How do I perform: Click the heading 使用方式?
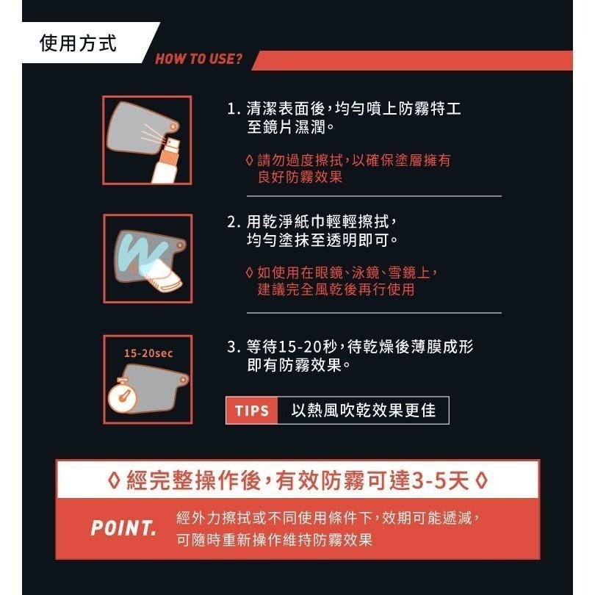[77, 43]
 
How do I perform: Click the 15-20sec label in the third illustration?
[148, 353]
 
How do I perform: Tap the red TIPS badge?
[252, 411]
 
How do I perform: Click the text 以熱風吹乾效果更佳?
[363, 411]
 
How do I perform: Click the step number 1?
[233, 109]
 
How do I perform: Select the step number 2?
[233, 222]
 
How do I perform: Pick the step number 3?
[233, 347]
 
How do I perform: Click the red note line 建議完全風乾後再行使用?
[336, 289]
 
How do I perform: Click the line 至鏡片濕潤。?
[291, 128]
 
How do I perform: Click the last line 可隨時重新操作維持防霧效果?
[275, 540]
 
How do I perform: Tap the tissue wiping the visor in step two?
[163, 273]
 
